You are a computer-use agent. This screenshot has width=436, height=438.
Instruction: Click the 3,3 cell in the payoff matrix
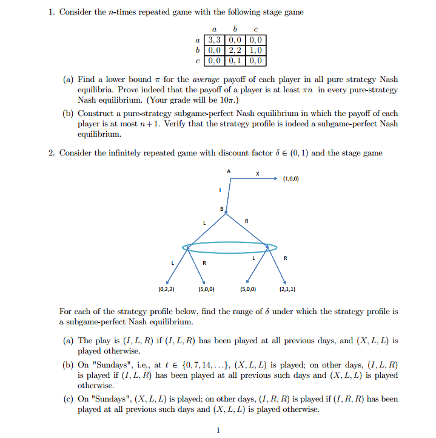point(216,41)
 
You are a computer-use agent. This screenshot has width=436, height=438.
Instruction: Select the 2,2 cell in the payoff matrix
point(235,51)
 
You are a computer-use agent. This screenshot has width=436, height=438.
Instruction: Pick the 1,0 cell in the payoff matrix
point(255,51)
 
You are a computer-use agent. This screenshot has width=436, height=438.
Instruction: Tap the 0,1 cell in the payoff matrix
point(235,61)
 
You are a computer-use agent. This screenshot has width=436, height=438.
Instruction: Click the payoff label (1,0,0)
point(290,179)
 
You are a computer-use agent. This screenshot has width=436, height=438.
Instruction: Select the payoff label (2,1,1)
point(288,288)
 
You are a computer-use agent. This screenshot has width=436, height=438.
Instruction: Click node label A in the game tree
point(229,171)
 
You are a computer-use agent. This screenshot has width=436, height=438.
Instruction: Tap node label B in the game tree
point(222,209)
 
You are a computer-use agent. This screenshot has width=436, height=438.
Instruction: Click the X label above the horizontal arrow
point(258,173)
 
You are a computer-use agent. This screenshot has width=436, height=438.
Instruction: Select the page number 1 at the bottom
point(218,431)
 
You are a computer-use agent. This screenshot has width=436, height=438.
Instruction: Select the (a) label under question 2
point(69,341)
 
